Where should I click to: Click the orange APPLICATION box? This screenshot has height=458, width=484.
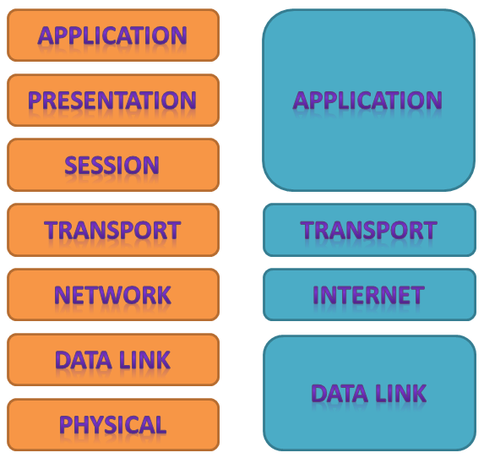point(113,35)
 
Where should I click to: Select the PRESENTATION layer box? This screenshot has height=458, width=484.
point(113,100)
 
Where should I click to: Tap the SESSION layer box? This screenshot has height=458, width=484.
point(113,165)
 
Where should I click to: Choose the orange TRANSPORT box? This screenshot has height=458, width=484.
point(113,230)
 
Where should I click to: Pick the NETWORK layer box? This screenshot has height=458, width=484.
point(113,295)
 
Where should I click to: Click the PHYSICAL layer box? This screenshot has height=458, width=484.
point(113,425)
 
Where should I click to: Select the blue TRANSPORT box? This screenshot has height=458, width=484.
point(369,230)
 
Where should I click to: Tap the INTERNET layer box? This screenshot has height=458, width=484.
point(369,295)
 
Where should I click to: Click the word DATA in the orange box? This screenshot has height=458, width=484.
point(84,360)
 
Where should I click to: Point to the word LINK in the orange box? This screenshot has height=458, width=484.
point(144,360)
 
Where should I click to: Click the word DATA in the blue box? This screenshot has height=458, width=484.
point(340,393)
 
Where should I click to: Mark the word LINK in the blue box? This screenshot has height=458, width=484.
point(401,393)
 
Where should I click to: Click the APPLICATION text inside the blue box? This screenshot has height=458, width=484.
point(367,100)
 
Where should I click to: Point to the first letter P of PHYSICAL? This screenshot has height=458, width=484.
point(66,425)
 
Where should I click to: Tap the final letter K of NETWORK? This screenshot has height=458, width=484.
point(164,295)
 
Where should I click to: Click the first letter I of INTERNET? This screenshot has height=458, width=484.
point(316,295)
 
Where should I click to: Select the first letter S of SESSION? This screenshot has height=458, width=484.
point(71,166)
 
